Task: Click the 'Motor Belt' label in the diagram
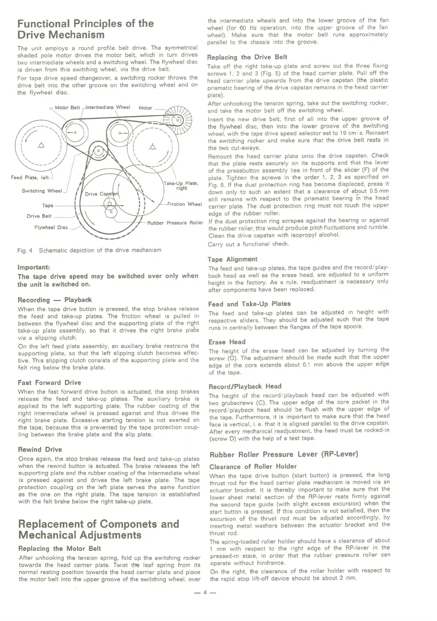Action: pos(67,108)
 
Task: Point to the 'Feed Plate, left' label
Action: pos(30,177)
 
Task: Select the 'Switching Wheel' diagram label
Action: pos(41,191)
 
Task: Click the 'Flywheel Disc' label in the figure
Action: pos(51,227)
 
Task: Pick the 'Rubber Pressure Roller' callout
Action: pos(175,223)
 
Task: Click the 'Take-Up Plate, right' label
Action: pos(181,186)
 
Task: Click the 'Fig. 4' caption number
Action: pos(25,250)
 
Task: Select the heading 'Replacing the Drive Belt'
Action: pos(247,57)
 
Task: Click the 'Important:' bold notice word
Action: pos(33,267)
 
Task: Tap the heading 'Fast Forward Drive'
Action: pos(49,383)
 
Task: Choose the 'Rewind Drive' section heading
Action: pos(40,450)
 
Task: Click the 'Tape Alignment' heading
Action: pos(232,259)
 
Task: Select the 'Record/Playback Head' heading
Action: pos(245,387)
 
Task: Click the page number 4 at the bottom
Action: pos(205,592)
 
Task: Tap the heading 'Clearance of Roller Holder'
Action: pos(253,467)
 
